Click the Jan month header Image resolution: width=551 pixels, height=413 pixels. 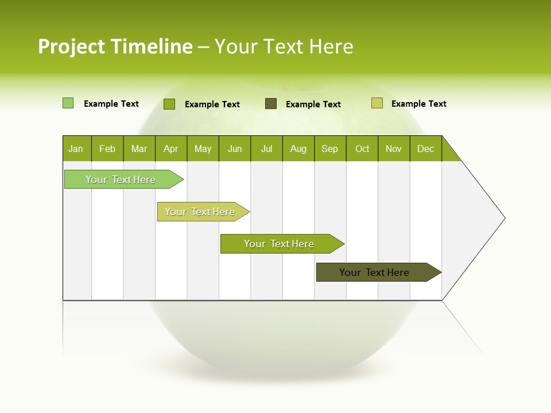(76, 149)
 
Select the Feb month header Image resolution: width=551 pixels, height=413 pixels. (107, 149)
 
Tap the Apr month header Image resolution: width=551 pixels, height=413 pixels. (170, 149)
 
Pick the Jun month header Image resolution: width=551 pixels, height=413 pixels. (235, 149)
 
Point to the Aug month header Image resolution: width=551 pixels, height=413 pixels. (298, 149)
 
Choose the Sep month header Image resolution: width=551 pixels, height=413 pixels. (330, 149)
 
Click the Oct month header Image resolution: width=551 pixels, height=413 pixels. (362, 149)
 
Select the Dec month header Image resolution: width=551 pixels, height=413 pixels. (425, 149)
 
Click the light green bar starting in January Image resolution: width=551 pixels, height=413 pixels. (121, 180)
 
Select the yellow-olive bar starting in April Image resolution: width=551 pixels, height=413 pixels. (200, 212)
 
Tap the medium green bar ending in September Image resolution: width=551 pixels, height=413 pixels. (279, 244)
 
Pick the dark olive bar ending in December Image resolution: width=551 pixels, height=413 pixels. (374, 272)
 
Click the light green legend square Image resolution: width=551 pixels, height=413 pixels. (68, 103)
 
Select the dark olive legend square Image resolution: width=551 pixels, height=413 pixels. (271, 104)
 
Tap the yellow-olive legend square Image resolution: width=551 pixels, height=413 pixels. (377, 103)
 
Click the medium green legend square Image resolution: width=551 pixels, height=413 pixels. (169, 104)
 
